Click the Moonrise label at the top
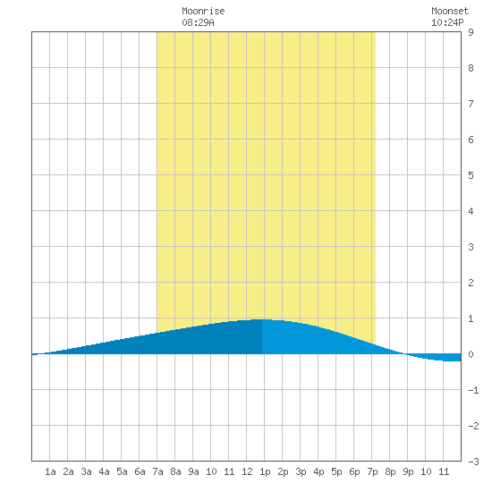203,11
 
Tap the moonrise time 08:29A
198,22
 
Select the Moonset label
450,11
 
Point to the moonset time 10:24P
447,22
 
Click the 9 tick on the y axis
471,32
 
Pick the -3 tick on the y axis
473,462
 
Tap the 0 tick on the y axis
471,354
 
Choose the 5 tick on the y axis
471,175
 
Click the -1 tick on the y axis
473,390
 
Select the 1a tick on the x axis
50,471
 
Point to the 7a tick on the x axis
157,471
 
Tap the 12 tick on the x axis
247,471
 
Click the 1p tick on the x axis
265,471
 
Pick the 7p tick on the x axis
372,471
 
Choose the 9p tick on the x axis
408,471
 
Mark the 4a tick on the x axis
104,471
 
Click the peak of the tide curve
262,319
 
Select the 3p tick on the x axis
301,471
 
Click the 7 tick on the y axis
471,104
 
